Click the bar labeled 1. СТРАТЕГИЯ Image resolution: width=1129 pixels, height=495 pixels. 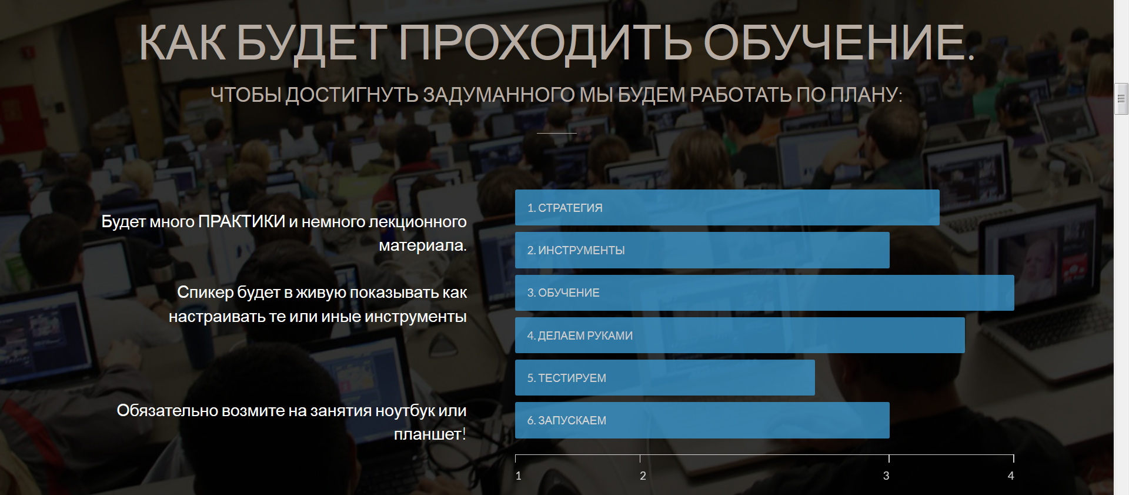pos(727,207)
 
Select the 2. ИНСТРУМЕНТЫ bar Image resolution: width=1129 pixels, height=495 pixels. pos(702,250)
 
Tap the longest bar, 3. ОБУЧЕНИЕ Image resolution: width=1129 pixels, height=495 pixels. pos(764,293)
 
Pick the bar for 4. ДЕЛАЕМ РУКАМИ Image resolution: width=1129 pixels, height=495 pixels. pos(740,335)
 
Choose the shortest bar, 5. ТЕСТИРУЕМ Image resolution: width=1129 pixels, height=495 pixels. pos(665,378)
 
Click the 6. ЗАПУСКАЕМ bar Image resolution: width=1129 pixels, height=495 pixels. pos(702,420)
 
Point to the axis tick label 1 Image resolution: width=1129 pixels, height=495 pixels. pos(519,476)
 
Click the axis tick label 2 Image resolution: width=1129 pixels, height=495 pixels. pos(643,476)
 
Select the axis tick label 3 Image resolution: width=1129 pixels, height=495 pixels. pos(886,476)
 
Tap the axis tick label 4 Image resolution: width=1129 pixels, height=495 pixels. pos(1011,476)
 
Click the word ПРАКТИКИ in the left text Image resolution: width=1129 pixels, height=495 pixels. pos(242,221)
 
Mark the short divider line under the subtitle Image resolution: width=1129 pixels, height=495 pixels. pos(557,133)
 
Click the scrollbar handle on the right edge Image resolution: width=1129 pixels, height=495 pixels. pos(1121,99)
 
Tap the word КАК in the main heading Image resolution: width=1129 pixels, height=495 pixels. pos(182,43)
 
